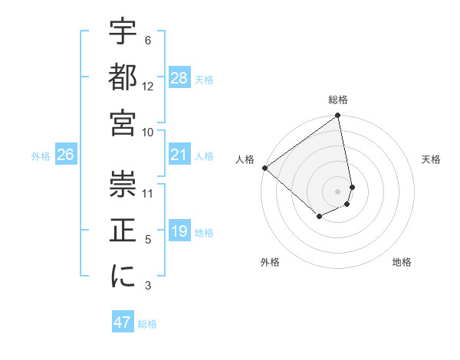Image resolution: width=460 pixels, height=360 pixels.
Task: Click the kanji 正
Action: point(123,231)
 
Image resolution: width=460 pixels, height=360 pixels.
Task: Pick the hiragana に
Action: point(123,277)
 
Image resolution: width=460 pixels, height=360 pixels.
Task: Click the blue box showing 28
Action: point(179,78)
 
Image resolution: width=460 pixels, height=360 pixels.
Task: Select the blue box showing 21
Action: point(179,155)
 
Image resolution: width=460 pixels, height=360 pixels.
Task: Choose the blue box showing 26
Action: point(65,155)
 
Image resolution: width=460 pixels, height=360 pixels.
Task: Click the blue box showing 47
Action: point(123,322)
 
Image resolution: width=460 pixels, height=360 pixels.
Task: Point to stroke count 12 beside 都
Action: point(148,87)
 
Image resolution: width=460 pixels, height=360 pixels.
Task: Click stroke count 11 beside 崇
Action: point(148,194)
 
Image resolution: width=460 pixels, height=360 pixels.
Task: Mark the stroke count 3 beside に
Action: point(148,286)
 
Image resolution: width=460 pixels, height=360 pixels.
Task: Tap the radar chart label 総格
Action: point(338,100)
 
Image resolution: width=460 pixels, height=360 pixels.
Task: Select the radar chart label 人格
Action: point(245,159)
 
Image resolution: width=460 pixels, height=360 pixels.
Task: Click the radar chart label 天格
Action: point(431,159)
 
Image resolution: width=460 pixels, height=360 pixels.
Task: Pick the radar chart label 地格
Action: point(402,262)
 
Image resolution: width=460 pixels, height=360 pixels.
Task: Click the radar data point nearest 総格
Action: point(338,116)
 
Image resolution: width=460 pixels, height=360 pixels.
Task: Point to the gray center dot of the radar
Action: point(338,191)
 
